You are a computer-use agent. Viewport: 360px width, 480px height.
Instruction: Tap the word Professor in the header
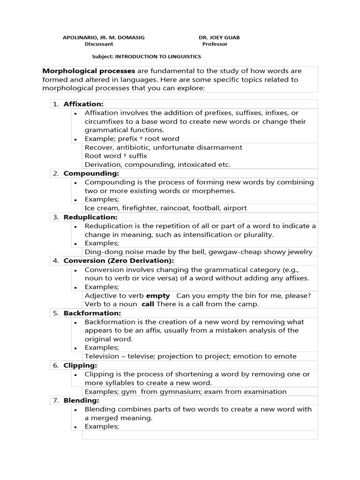(215, 44)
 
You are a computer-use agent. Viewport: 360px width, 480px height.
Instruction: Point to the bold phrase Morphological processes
(89, 71)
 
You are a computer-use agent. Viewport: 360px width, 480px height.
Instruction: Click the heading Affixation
(83, 104)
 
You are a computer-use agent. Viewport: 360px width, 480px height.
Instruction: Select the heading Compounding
(91, 173)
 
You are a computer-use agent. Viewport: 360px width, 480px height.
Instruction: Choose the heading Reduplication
(90, 217)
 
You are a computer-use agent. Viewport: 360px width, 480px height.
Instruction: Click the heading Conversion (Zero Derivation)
(119, 261)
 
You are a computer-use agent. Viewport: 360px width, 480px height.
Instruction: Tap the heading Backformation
(92, 313)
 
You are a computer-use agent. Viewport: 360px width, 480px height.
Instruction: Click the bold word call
(148, 304)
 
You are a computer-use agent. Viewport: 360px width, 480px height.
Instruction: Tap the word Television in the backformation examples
(102, 356)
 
